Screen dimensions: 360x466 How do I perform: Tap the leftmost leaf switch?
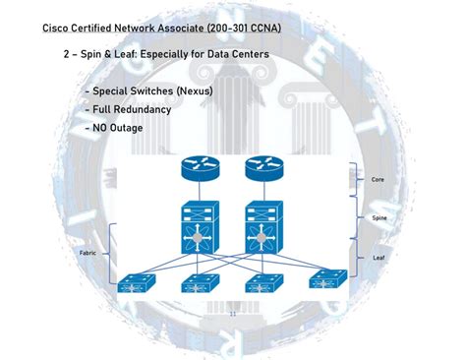pyautogui.click(x=133, y=284)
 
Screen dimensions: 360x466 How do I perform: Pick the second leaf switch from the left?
pyautogui.click(x=200, y=284)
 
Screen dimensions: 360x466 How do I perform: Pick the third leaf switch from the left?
pyautogui.click(x=262, y=284)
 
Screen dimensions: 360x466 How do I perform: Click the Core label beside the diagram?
pyautogui.click(x=378, y=180)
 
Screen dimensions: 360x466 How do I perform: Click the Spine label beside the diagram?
pyautogui.click(x=379, y=217)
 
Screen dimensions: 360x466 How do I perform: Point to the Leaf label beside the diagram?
pyautogui.click(x=379, y=257)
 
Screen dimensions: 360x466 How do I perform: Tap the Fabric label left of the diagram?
pyautogui.click(x=87, y=253)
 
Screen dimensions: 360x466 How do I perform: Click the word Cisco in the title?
pyautogui.click(x=57, y=28)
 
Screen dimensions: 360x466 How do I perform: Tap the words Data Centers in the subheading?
pyautogui.click(x=234, y=53)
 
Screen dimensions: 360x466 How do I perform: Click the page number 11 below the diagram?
pyautogui.click(x=233, y=314)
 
